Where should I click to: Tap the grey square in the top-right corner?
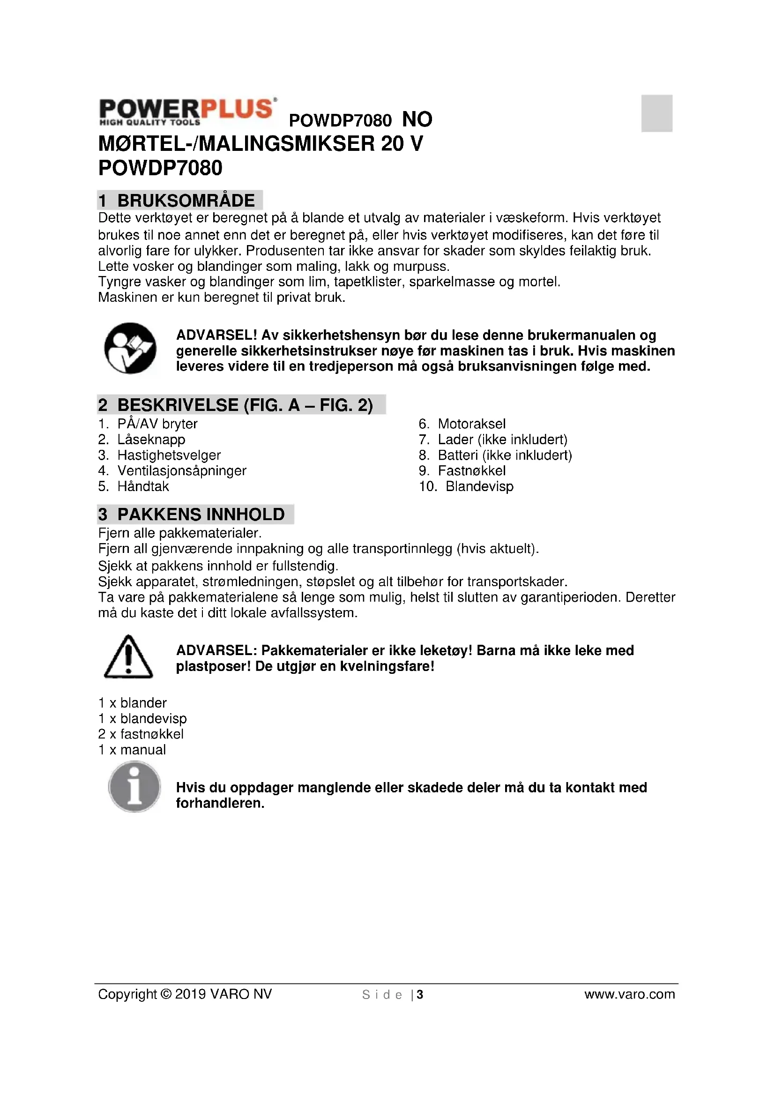[x=656, y=113]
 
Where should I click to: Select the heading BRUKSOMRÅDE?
[x=186, y=201]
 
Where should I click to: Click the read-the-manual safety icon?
[x=130, y=348]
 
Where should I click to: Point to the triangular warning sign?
[x=128, y=657]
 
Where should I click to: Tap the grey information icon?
[x=134, y=787]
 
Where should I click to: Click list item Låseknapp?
[x=151, y=439]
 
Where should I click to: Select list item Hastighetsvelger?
[x=169, y=455]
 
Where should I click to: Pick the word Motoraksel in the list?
[x=471, y=424]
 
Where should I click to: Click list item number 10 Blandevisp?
[x=479, y=486]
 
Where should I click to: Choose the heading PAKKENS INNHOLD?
[x=201, y=514]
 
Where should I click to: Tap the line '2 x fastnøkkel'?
[x=141, y=734]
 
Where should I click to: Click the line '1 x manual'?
[x=132, y=749]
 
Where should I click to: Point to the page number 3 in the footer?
[x=420, y=994]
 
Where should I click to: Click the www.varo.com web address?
[x=629, y=994]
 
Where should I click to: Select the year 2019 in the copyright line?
[x=190, y=994]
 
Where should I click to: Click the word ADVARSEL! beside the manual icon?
[x=216, y=335]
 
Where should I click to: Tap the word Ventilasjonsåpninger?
[x=182, y=470]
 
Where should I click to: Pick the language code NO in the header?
[x=417, y=119]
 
